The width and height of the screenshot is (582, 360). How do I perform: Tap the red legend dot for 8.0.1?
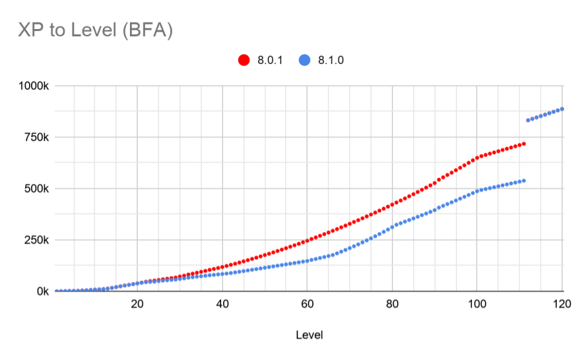[244, 60]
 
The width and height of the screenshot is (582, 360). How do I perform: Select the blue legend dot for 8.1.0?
[305, 60]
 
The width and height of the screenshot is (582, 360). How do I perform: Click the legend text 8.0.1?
[270, 60]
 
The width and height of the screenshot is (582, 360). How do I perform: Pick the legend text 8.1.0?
[332, 60]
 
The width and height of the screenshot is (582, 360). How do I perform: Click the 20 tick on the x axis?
[137, 304]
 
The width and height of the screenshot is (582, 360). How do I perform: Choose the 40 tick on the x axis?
[222, 304]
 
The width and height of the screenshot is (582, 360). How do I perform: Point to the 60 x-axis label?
[307, 304]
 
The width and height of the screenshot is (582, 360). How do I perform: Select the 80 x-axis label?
[393, 304]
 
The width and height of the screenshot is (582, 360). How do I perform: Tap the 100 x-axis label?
[477, 304]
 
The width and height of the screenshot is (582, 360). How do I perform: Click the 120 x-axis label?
[561, 304]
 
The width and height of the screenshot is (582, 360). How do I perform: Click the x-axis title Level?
[309, 335]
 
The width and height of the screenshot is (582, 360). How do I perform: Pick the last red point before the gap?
[524, 143]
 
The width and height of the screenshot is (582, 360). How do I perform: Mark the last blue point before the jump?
[524, 180]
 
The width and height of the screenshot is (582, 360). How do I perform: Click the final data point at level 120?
[563, 109]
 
